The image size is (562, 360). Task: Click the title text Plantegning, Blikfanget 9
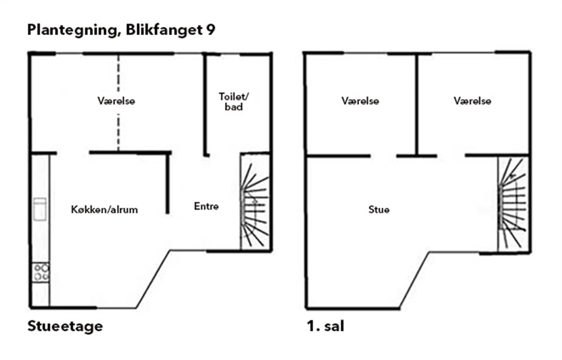point(121,30)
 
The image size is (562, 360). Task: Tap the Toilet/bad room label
point(234,102)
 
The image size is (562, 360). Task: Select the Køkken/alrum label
point(104,210)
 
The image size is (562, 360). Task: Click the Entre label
point(207,206)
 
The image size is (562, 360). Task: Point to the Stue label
point(379,209)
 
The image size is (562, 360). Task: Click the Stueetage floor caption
point(65,326)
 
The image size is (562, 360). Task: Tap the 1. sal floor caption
point(325,326)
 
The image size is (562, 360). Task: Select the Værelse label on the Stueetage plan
point(117,100)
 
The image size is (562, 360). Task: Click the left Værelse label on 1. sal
point(360,100)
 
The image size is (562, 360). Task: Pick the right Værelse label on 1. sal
point(473,100)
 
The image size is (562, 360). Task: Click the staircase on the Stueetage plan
point(255,202)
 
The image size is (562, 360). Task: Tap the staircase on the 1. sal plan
point(513,204)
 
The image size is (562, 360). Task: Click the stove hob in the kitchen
point(41,272)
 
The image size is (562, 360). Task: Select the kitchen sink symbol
point(40,209)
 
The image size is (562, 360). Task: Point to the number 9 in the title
point(211,29)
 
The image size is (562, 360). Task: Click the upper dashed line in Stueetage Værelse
point(118,74)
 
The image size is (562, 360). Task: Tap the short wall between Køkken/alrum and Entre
point(167,183)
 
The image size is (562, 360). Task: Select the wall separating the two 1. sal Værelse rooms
point(417,105)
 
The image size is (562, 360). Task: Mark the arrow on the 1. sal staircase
point(513,176)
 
